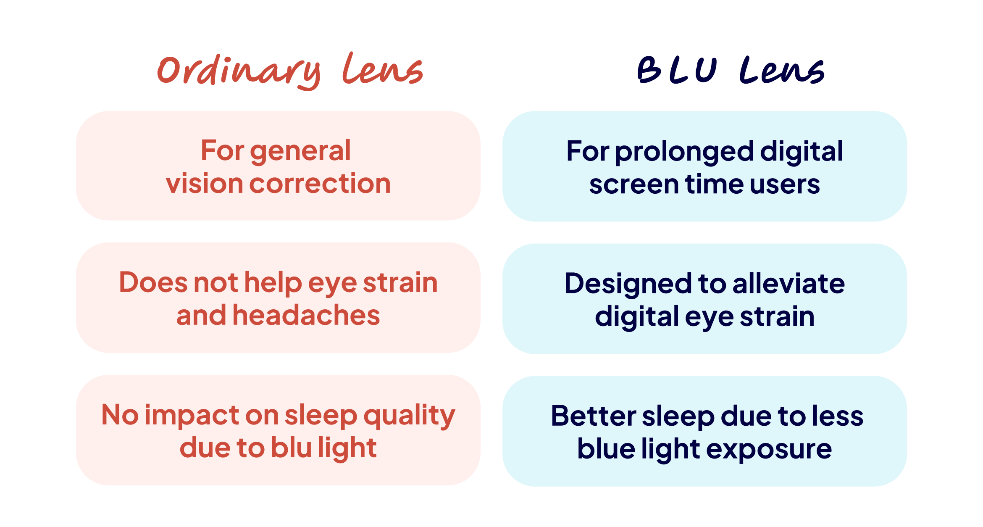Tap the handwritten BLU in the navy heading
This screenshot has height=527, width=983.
coord(677,69)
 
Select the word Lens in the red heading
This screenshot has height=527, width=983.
coord(383,69)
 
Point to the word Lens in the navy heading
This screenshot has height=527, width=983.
coord(782,70)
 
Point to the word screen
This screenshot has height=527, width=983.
coord(634,184)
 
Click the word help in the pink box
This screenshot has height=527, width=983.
coord(273,283)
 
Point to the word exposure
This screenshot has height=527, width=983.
coord(769,450)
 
